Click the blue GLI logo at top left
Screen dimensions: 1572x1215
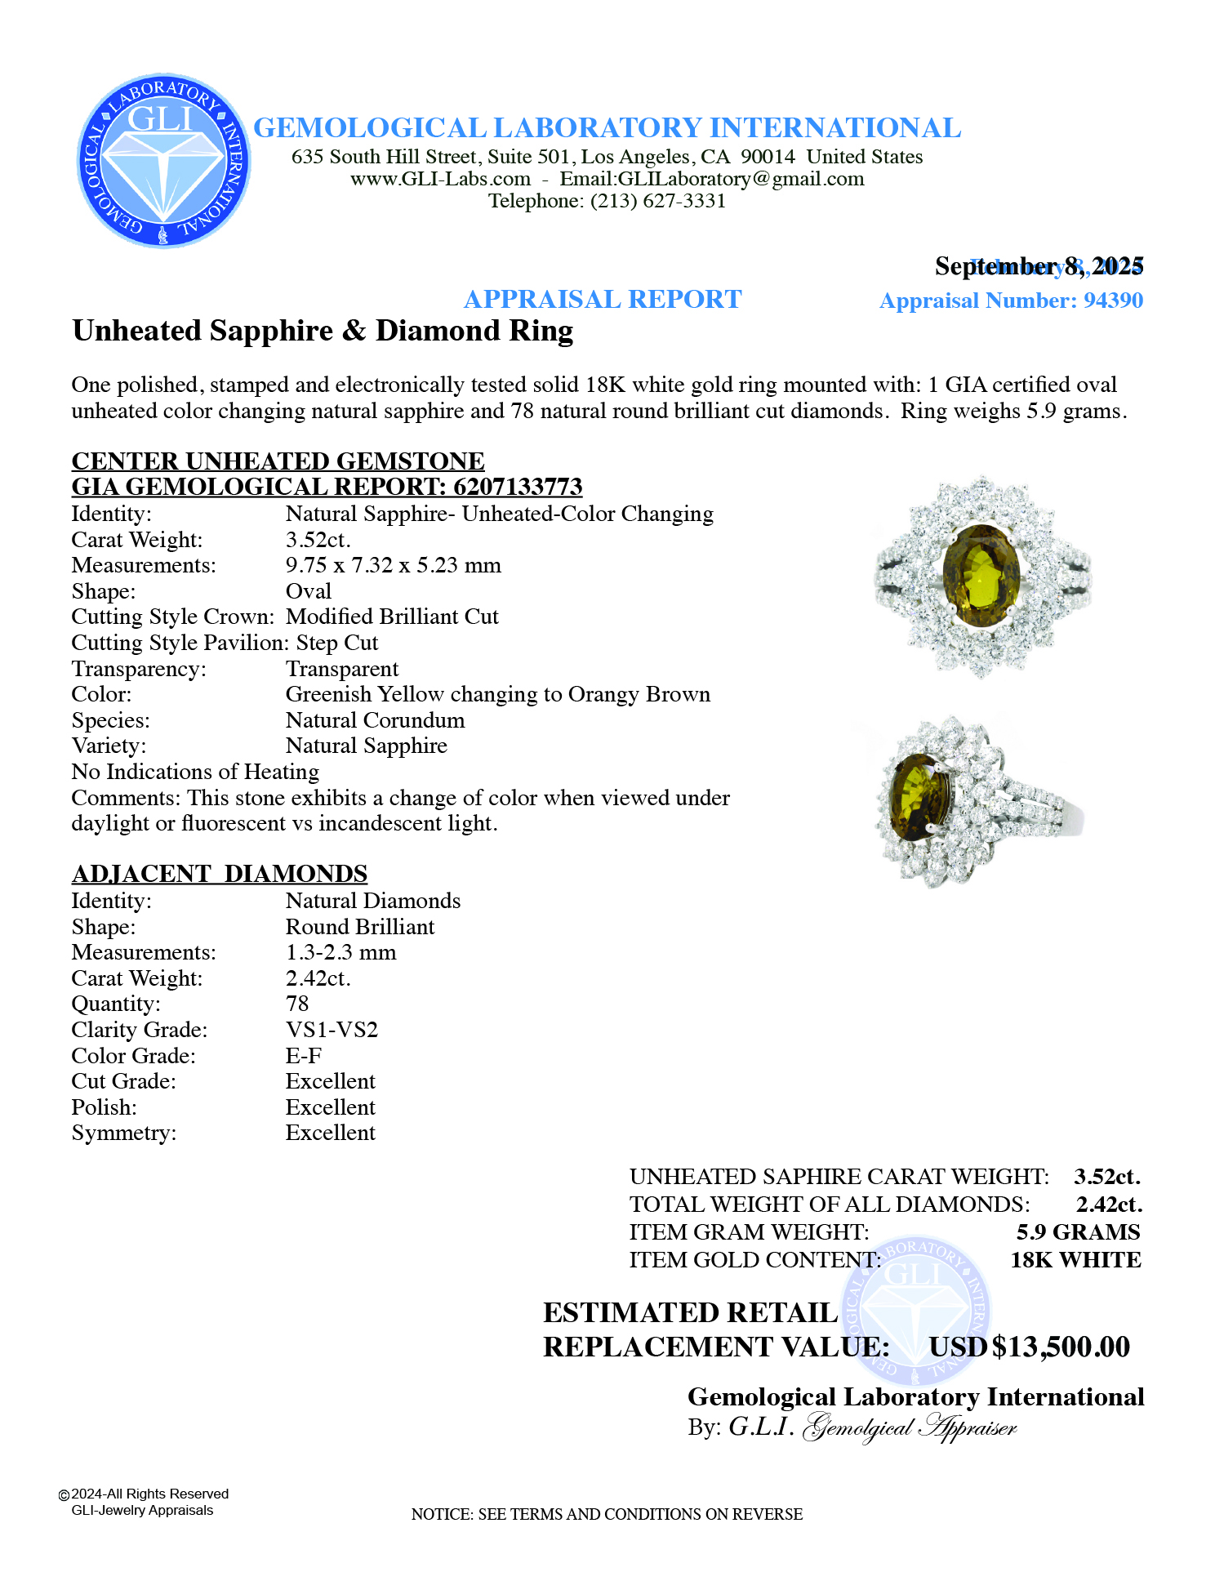[x=163, y=161]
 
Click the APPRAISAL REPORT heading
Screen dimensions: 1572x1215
[x=603, y=300]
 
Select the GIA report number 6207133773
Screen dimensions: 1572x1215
[x=518, y=488]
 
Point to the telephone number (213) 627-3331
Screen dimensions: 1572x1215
[x=658, y=201]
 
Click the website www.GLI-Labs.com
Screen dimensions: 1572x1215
[x=440, y=179]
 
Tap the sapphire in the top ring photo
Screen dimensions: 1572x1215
[x=981, y=576]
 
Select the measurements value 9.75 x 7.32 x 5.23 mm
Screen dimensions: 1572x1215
[x=393, y=565]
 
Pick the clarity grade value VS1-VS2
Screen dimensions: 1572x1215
[x=332, y=1030]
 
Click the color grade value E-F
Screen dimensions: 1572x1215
[x=303, y=1056]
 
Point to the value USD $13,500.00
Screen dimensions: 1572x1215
[x=1029, y=1347]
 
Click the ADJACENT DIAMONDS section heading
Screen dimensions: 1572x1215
[x=220, y=874]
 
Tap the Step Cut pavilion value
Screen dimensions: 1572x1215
[x=337, y=643]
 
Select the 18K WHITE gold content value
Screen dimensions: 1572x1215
[x=1075, y=1260]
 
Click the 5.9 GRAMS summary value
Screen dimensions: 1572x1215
[x=1078, y=1232]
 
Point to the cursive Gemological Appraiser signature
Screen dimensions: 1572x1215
[x=910, y=1427]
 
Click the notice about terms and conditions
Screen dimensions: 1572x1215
[x=607, y=1514]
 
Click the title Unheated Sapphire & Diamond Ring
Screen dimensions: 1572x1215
[x=323, y=331]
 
